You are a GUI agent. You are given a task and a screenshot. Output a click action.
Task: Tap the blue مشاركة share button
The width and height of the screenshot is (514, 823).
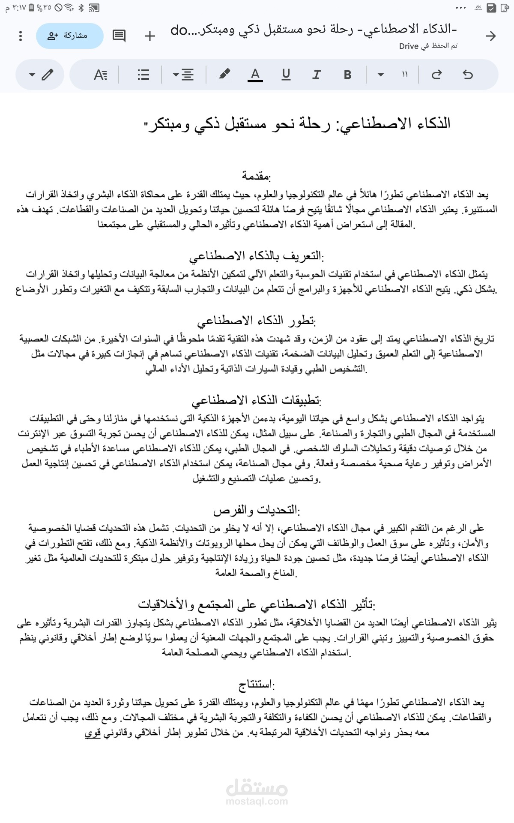click(70, 36)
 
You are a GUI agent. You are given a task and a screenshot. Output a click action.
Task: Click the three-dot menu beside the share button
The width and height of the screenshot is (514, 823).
click(21, 36)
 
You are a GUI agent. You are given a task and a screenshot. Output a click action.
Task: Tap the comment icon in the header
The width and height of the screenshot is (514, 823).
click(119, 36)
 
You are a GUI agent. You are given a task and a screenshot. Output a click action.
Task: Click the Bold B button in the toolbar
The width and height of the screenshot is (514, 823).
click(347, 75)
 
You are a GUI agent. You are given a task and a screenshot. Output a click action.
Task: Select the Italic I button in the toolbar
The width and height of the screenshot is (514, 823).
click(317, 75)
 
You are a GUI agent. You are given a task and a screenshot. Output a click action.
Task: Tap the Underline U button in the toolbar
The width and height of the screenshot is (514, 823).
click(286, 75)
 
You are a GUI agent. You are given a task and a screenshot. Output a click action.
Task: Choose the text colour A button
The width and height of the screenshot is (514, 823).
click(255, 75)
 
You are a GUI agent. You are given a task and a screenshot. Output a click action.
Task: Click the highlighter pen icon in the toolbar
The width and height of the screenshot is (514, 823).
click(224, 75)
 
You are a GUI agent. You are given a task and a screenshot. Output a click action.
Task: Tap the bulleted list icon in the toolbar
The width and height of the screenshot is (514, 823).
click(143, 75)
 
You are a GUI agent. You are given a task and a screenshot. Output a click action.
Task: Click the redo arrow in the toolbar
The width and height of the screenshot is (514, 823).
click(436, 75)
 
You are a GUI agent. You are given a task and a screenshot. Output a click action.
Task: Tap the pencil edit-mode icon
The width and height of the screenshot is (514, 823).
click(47, 75)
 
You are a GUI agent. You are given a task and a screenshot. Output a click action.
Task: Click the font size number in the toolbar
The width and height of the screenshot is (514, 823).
click(405, 75)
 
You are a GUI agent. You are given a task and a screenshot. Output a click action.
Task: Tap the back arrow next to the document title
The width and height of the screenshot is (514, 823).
click(490, 36)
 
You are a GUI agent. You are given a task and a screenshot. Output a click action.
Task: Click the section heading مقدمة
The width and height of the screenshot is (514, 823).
click(256, 176)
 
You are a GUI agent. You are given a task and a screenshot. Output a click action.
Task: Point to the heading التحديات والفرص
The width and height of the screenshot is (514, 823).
click(257, 511)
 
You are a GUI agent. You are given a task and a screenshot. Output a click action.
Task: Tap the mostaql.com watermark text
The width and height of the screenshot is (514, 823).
click(257, 801)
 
